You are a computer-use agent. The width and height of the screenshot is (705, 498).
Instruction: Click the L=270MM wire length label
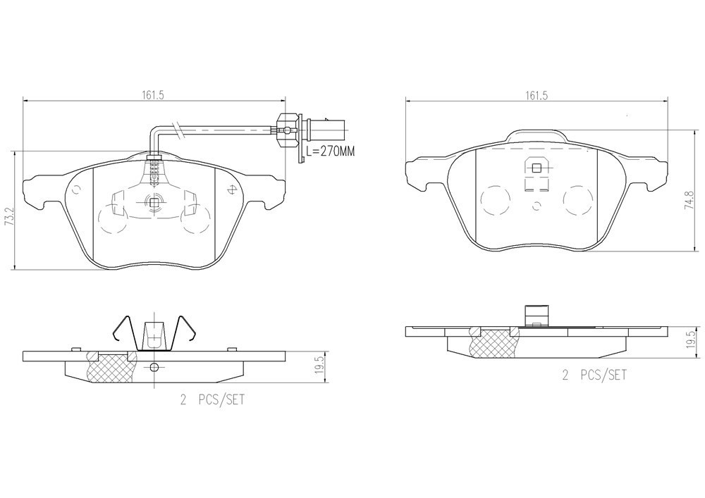[x=330, y=151]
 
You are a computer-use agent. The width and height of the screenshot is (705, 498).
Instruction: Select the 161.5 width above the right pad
[x=536, y=95]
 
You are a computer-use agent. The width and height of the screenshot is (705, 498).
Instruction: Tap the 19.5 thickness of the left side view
[x=319, y=366]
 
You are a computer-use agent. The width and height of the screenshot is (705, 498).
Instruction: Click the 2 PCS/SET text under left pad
[x=212, y=399]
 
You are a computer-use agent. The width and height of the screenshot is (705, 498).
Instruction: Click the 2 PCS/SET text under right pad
[x=594, y=375]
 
